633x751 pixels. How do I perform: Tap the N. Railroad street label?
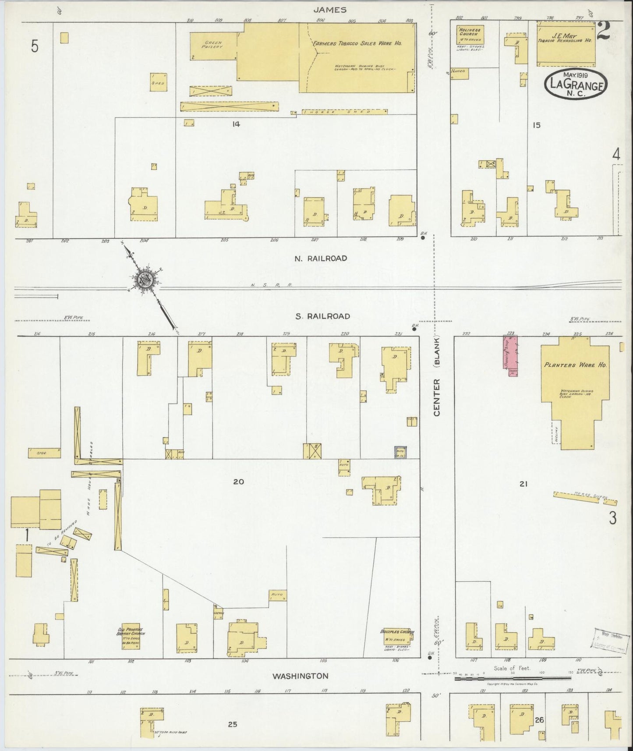pos(321,259)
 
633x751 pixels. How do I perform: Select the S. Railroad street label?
pos(322,316)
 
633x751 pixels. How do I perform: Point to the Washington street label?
pos(300,688)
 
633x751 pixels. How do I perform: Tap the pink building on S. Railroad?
pos(511,355)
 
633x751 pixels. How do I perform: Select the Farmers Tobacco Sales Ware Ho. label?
pos(357,44)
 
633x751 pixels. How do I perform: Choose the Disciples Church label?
pos(397,632)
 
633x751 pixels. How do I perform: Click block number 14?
pos(236,124)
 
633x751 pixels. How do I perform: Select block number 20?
pos(238,482)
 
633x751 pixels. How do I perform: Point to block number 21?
pos(523,484)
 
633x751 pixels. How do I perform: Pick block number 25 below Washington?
pos(232,725)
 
